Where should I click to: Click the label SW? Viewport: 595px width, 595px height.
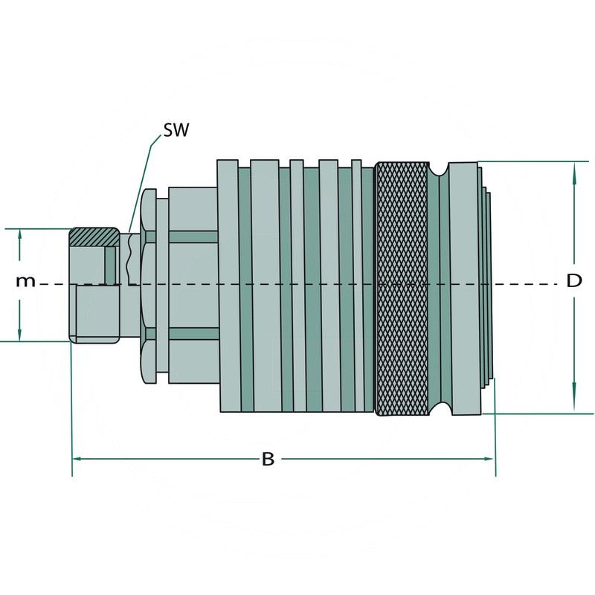pos(176,131)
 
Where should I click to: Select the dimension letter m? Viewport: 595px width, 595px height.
pos(26,281)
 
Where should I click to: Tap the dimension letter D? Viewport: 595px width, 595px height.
pos(573,281)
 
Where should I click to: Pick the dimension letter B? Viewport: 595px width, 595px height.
pos(268,459)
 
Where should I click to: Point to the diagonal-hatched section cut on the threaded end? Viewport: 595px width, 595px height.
pos(94,237)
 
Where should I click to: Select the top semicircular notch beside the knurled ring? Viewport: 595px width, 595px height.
pos(439,168)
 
